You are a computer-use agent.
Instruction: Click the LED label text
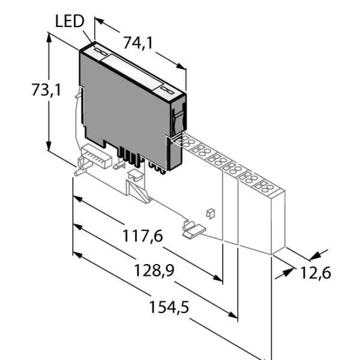[x=70, y=21]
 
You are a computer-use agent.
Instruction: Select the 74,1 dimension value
[x=138, y=43]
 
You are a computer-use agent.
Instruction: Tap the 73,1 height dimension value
[x=46, y=90]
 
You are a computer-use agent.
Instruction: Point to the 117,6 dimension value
[x=143, y=236]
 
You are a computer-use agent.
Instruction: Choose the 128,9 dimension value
[x=154, y=270]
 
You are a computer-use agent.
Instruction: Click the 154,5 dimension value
[x=169, y=307]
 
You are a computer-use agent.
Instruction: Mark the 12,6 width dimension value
[x=315, y=273]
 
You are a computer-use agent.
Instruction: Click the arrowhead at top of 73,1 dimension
[x=49, y=38]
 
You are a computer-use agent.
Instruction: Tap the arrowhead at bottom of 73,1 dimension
[x=49, y=145]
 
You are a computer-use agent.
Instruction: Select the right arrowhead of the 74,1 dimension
[x=181, y=67]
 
